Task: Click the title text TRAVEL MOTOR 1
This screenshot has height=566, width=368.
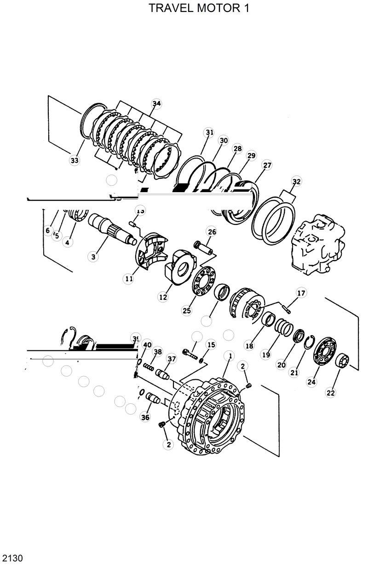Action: coord(199,8)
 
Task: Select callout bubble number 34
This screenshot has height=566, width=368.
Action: coord(156,104)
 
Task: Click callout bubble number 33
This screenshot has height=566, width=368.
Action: coord(75,160)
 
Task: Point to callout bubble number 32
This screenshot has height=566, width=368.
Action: coord(296,182)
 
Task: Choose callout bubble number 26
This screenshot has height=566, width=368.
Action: coord(211,232)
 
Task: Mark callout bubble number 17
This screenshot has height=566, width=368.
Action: coord(300,293)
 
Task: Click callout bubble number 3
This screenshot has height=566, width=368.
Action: coord(93,257)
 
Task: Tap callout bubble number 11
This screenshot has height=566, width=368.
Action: coord(129,278)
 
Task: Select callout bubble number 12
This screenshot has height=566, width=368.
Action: coord(163,297)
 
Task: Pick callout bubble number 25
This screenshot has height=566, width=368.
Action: coord(186,311)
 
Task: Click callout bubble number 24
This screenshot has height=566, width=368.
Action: coord(311,382)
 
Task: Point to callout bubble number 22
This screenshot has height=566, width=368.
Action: coord(331,393)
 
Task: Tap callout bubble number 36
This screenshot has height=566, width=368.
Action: coord(145,418)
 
